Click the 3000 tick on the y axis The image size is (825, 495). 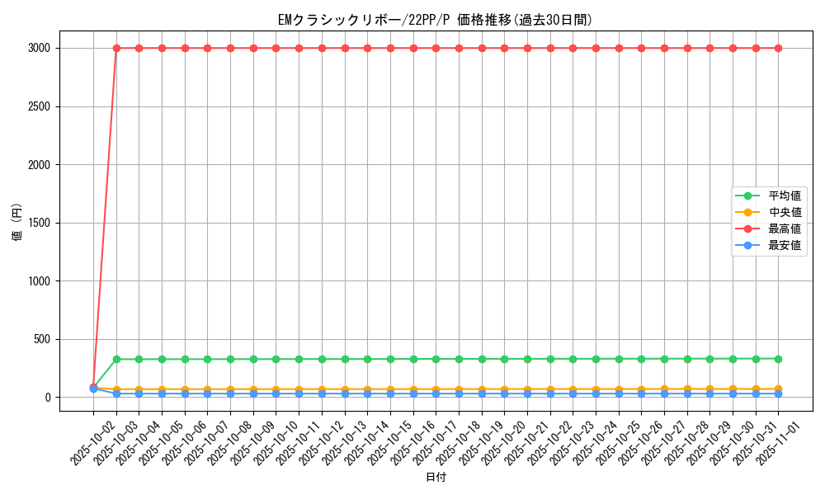[x=39, y=48]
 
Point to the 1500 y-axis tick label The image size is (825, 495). [x=39, y=223]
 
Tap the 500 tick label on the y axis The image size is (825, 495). [x=42, y=339]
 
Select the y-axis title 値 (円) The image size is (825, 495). [x=16, y=223]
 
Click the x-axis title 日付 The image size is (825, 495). [x=435, y=478]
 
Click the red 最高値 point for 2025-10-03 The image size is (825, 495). [x=116, y=48]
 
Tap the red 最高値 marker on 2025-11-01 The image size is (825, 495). [x=778, y=48]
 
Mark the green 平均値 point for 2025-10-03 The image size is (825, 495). [x=116, y=359]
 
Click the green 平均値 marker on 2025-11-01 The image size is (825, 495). [x=778, y=359]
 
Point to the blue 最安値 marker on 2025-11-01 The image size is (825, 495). [x=778, y=394]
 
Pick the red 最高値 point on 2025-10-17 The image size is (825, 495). [x=436, y=48]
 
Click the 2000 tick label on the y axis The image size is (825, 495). [x=39, y=164]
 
